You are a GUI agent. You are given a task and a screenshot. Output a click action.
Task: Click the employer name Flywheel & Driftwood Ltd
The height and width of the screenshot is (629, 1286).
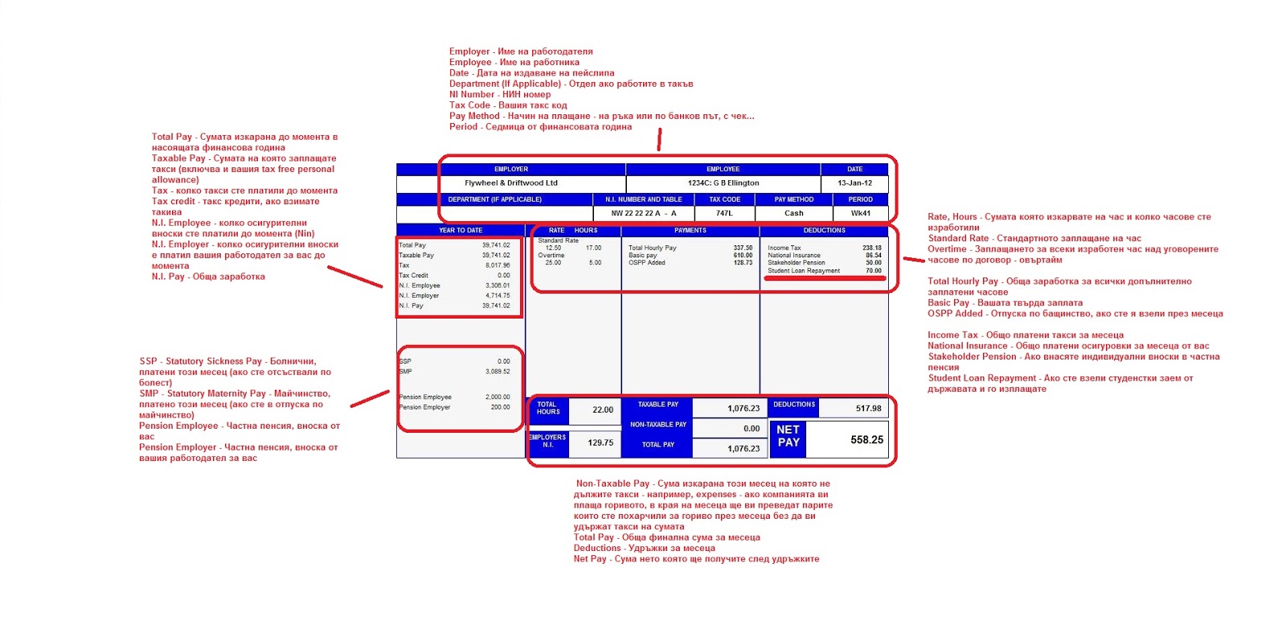coord(510,183)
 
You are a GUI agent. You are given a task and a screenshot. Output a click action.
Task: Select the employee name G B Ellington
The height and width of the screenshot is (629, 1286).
coord(723,183)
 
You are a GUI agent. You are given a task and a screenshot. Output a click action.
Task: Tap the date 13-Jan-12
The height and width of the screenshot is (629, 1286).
coord(854,183)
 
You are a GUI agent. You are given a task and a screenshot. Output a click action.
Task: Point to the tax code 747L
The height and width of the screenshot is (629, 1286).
coord(724,213)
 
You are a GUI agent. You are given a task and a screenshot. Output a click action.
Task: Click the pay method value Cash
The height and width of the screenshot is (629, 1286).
coord(793,213)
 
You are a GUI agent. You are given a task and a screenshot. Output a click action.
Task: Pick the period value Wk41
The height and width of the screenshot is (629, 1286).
coord(860,213)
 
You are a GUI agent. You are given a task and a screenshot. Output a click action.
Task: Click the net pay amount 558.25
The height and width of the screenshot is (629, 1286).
coord(866,440)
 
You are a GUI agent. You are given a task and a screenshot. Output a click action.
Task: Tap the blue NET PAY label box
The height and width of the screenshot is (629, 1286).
coord(788,437)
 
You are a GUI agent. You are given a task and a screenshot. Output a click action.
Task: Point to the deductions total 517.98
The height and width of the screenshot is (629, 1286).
coord(868,409)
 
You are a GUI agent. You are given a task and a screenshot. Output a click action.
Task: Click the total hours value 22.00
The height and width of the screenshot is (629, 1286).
coord(602,410)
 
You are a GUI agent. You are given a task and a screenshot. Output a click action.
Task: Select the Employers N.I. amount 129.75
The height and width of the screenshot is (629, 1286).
coord(600,443)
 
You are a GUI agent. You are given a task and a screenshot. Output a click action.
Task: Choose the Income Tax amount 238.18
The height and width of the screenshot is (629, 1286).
coord(871,249)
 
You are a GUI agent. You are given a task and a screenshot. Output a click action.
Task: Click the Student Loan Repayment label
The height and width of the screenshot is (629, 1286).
coord(803,271)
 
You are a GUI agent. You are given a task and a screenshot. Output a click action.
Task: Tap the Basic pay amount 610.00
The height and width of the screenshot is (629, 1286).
coord(742,256)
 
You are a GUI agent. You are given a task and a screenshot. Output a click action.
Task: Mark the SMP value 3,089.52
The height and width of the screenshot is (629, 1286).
coord(498,372)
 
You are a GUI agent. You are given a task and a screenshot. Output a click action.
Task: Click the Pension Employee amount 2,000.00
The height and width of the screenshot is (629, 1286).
coord(498,397)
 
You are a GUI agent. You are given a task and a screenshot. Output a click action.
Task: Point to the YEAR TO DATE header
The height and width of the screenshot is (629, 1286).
coord(461,231)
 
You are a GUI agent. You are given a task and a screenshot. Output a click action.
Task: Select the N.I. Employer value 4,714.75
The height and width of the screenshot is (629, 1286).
coord(498,296)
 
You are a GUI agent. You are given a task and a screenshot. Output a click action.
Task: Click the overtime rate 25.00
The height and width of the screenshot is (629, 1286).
coord(553,263)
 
